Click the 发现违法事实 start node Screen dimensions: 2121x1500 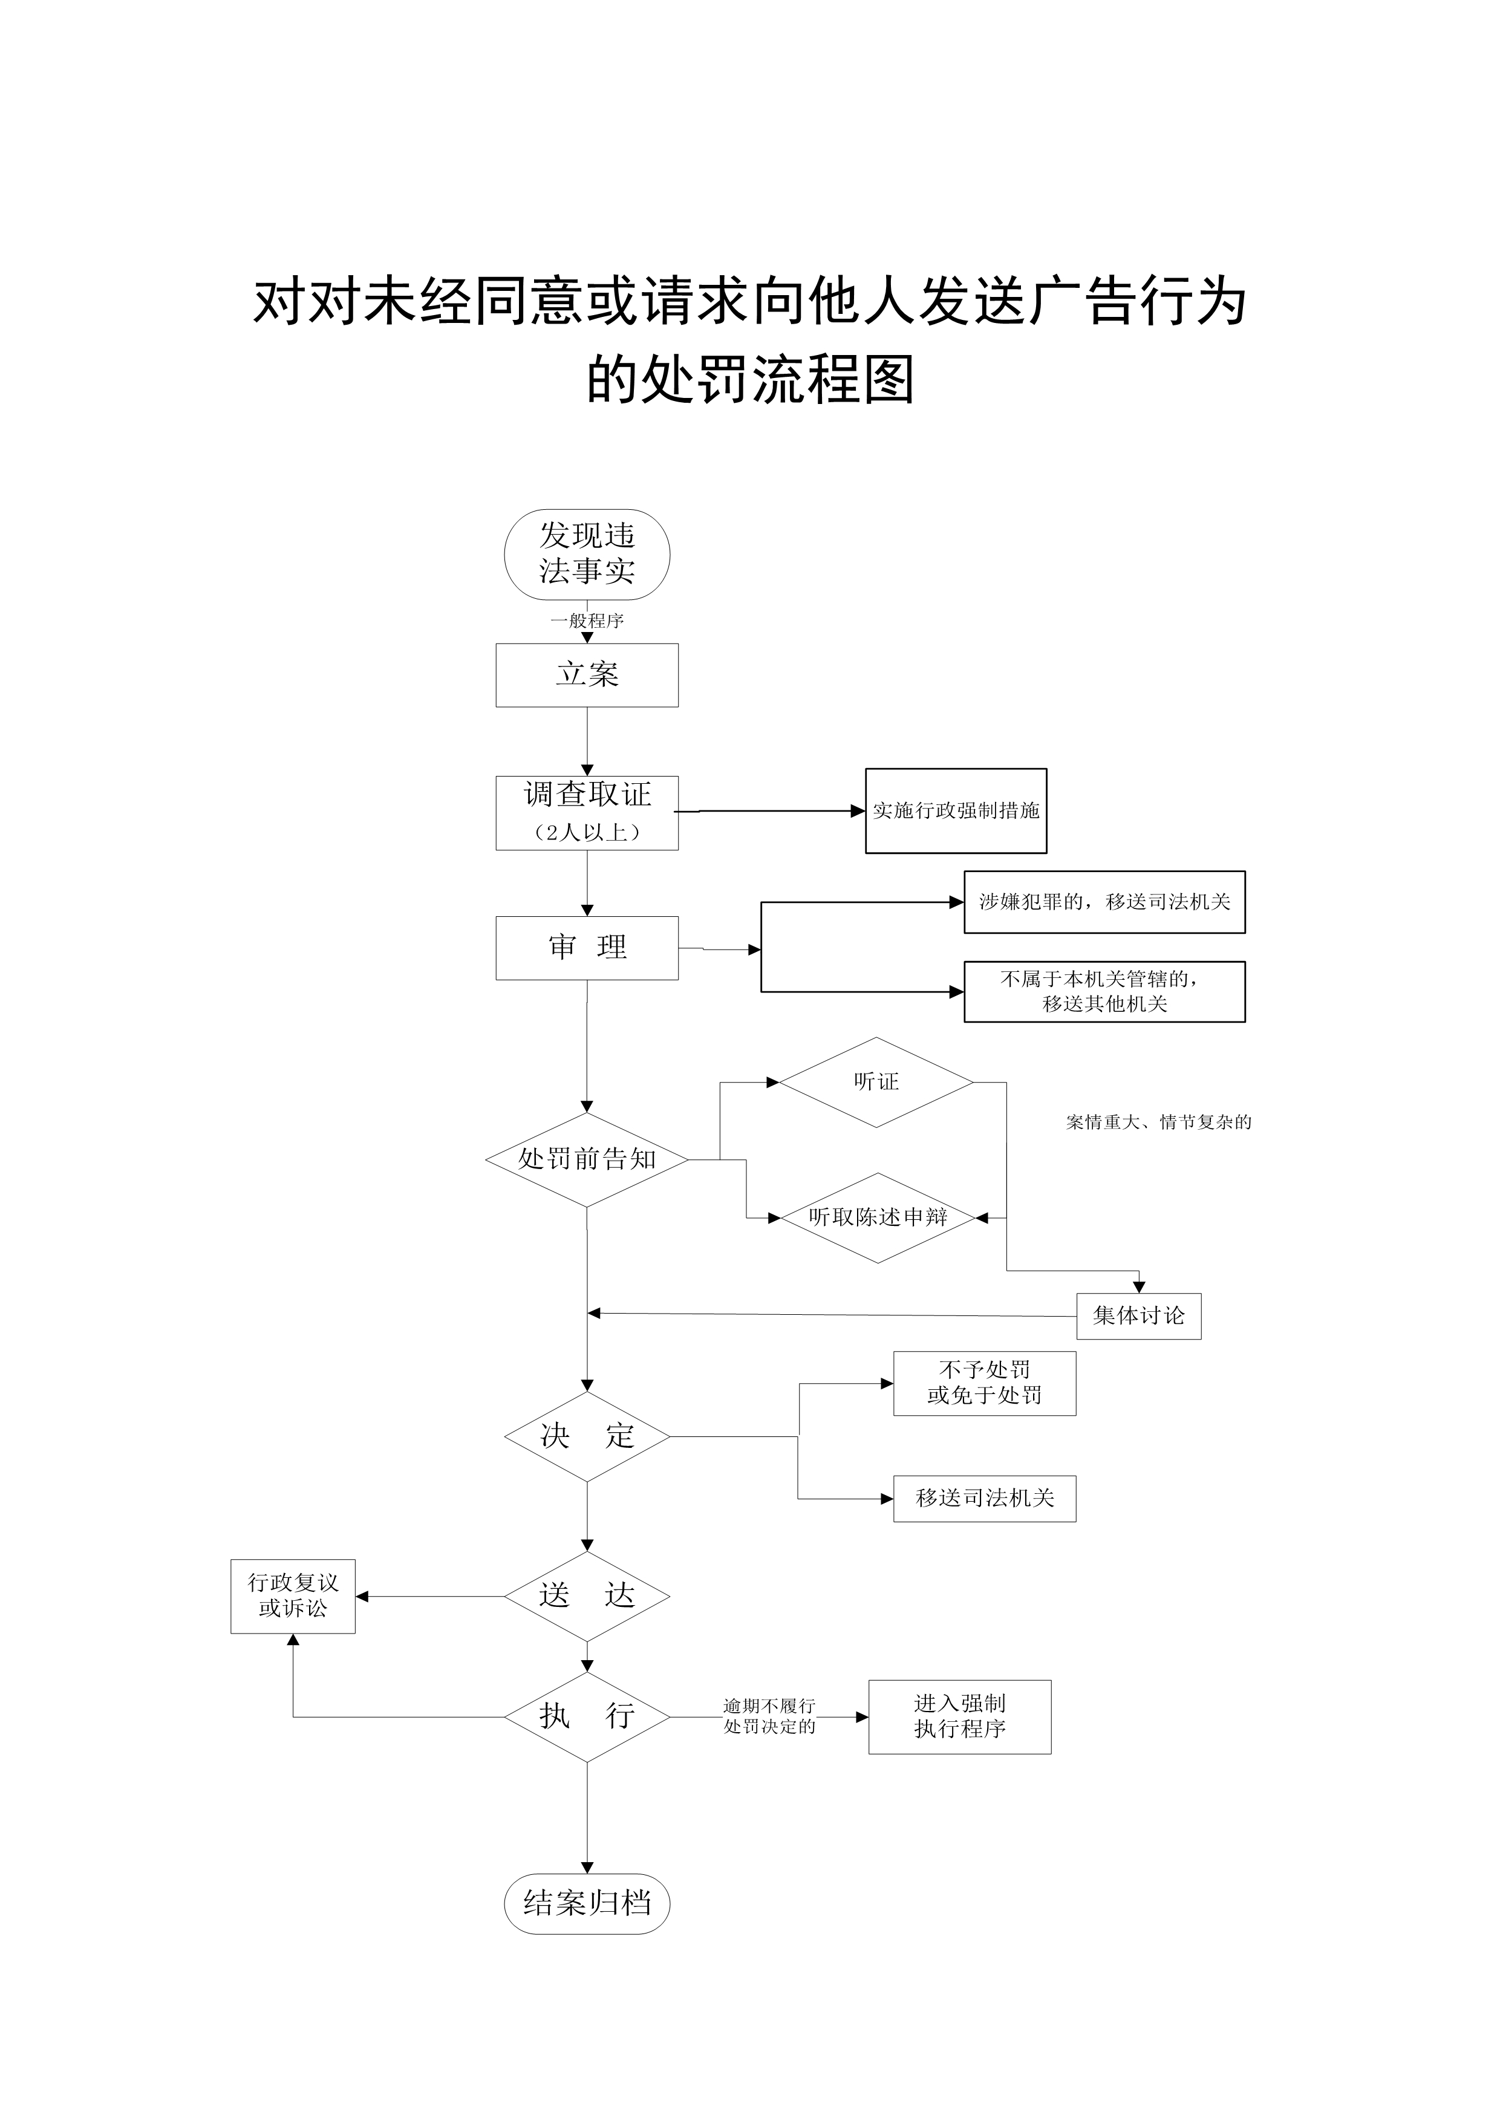[587, 554]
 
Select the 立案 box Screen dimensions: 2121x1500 [587, 676]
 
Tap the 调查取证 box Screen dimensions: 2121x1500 [587, 812]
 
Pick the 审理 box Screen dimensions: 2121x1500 [587, 948]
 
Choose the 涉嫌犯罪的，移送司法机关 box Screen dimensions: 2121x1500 [1104, 902]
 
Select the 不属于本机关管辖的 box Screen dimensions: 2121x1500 [1104, 991]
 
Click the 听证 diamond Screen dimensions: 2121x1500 [876, 1082]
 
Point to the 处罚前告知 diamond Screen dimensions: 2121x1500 [587, 1159]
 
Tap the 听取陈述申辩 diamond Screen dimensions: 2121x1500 [878, 1217]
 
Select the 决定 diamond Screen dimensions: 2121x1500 [587, 1436]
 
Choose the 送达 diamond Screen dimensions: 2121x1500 [587, 1595]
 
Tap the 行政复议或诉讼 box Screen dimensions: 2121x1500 [293, 1595]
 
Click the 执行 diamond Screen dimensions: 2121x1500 [587, 1718]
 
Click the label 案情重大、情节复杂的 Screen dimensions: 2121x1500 [1158, 1122]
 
